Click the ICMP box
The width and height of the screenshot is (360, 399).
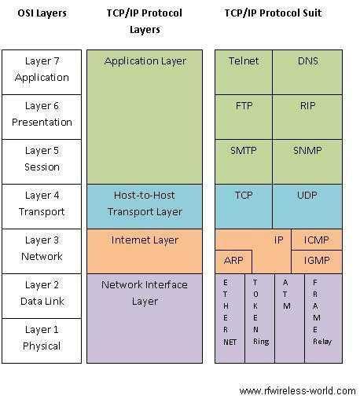[x=317, y=240]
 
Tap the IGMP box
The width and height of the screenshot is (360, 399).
[x=317, y=262]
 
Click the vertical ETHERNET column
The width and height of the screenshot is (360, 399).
[x=229, y=318]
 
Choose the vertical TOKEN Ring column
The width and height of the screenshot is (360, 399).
[x=259, y=318]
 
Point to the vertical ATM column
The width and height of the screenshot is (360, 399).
[x=288, y=318]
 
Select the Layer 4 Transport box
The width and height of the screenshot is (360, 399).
[x=42, y=205]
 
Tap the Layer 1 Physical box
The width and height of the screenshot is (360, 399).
[x=42, y=339]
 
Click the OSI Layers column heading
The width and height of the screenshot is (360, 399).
[x=42, y=13]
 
